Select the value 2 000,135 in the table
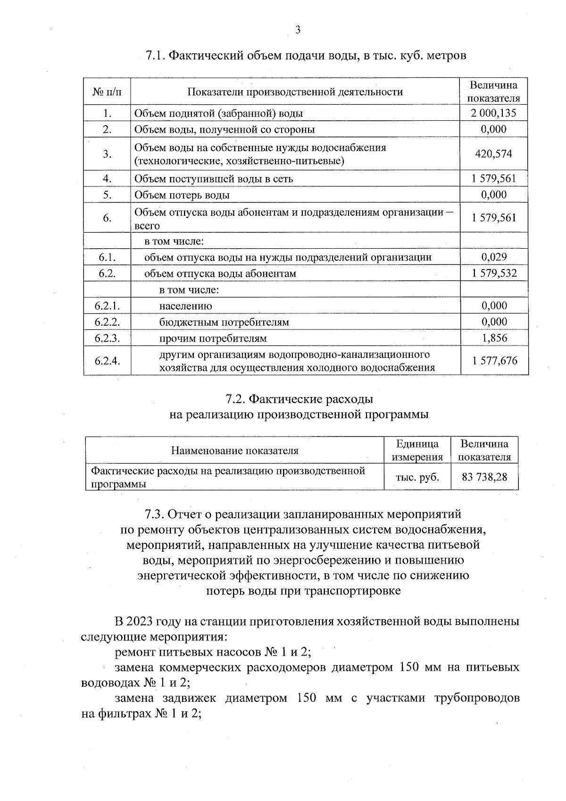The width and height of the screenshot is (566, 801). pyautogui.click(x=493, y=113)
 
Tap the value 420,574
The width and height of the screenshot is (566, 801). pyautogui.click(x=494, y=154)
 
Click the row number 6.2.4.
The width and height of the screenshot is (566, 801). pyautogui.click(x=107, y=361)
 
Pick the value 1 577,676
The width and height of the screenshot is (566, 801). pyautogui.click(x=494, y=361)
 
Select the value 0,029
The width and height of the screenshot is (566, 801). pyautogui.click(x=494, y=257)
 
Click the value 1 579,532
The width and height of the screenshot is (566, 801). pyautogui.click(x=494, y=273)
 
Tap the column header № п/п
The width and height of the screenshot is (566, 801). pyautogui.click(x=107, y=92)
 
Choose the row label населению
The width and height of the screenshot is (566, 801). pyautogui.click(x=185, y=306)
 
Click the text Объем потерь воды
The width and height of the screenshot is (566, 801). pyautogui.click(x=182, y=195)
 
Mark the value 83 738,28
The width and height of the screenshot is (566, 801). pyautogui.click(x=484, y=477)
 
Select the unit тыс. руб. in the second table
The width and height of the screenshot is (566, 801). pyautogui.click(x=417, y=477)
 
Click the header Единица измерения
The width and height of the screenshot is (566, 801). pyautogui.click(x=417, y=450)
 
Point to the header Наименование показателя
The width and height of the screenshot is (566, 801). pyautogui.click(x=234, y=450)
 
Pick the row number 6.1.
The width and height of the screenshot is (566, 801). pyautogui.click(x=107, y=257)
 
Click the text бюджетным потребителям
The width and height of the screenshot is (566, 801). pyautogui.click(x=224, y=322)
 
